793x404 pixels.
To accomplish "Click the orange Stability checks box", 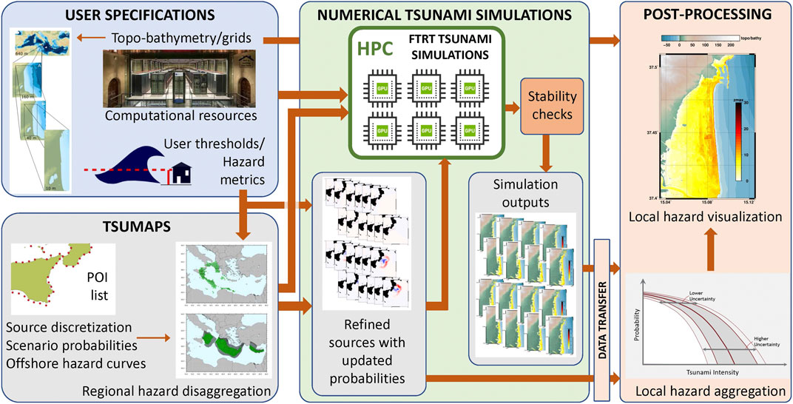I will click(549, 105).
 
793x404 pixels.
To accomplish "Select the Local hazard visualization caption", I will click(704, 217).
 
